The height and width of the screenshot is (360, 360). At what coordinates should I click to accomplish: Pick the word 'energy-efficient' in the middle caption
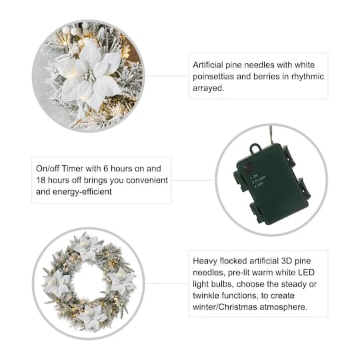pos(81,191)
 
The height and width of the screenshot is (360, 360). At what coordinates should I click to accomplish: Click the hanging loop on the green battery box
pos(255,149)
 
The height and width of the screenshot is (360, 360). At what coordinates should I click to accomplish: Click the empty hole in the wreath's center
pos(89,283)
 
